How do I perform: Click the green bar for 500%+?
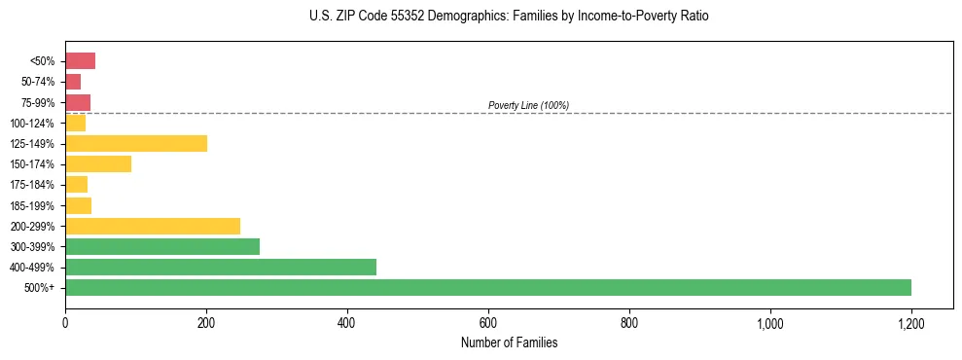(x=487, y=287)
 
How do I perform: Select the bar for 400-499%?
(x=221, y=267)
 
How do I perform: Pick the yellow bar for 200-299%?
(x=153, y=226)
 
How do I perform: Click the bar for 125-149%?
(x=136, y=144)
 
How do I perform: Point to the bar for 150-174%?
(x=98, y=164)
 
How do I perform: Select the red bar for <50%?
(x=80, y=61)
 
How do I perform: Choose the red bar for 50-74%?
(x=73, y=82)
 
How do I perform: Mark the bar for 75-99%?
(x=78, y=102)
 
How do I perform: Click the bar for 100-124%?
(x=76, y=124)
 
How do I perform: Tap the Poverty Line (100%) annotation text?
(x=528, y=105)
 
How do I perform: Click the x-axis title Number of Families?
(x=509, y=343)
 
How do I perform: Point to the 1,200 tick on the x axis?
(x=910, y=323)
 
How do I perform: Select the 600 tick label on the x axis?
(x=488, y=323)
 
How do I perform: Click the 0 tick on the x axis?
(x=65, y=323)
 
